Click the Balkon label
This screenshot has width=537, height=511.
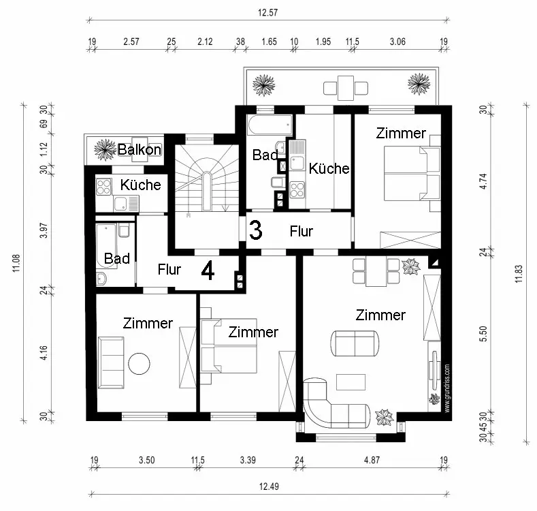coord(140,149)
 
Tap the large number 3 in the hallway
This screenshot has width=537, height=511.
coord(255,230)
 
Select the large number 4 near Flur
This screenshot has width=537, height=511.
coord(208,271)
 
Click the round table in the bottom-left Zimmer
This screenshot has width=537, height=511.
coord(141,363)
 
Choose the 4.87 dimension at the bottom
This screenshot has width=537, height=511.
coord(371,460)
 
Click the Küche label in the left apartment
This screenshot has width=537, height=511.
coord(140,185)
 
